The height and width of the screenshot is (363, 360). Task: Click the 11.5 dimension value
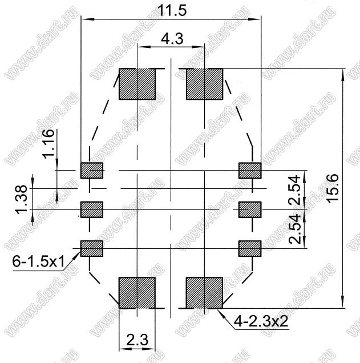point(172,11)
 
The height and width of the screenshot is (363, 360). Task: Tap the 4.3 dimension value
point(172,39)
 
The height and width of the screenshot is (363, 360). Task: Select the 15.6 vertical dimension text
point(333,189)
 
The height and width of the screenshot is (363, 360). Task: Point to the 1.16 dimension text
point(49,143)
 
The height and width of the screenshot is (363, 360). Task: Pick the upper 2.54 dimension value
point(294,190)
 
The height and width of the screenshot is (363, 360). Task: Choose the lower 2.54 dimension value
point(294,229)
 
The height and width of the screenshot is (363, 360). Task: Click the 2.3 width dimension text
point(137,340)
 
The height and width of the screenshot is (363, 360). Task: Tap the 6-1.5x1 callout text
point(38,262)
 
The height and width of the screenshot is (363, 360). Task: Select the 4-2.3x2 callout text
point(261,321)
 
